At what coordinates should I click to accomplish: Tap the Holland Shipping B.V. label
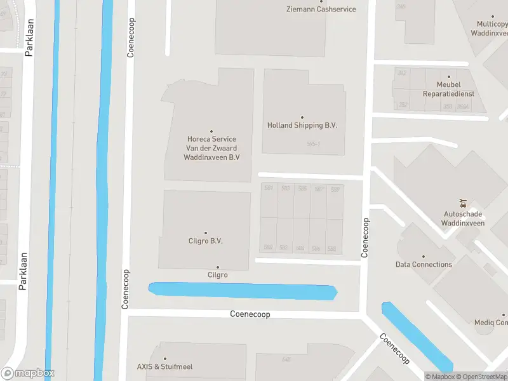click(302, 126)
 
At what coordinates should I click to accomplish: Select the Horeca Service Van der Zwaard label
click(211, 148)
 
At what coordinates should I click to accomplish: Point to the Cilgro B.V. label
click(205, 242)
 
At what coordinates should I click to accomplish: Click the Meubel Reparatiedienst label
click(448, 89)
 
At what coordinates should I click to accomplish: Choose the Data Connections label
click(424, 265)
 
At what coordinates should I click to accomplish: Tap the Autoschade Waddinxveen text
click(464, 219)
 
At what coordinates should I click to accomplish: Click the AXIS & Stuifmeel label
click(164, 367)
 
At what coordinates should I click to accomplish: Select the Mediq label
click(490, 323)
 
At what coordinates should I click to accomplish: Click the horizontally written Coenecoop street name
click(250, 314)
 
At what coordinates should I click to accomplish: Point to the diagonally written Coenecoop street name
click(395, 349)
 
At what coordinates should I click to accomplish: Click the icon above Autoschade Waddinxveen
click(464, 204)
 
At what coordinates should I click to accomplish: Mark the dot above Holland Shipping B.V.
click(302, 117)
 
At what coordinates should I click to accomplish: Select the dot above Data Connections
click(424, 256)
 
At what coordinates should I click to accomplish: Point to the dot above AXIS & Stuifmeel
click(165, 359)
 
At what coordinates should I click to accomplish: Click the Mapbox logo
click(27, 373)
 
